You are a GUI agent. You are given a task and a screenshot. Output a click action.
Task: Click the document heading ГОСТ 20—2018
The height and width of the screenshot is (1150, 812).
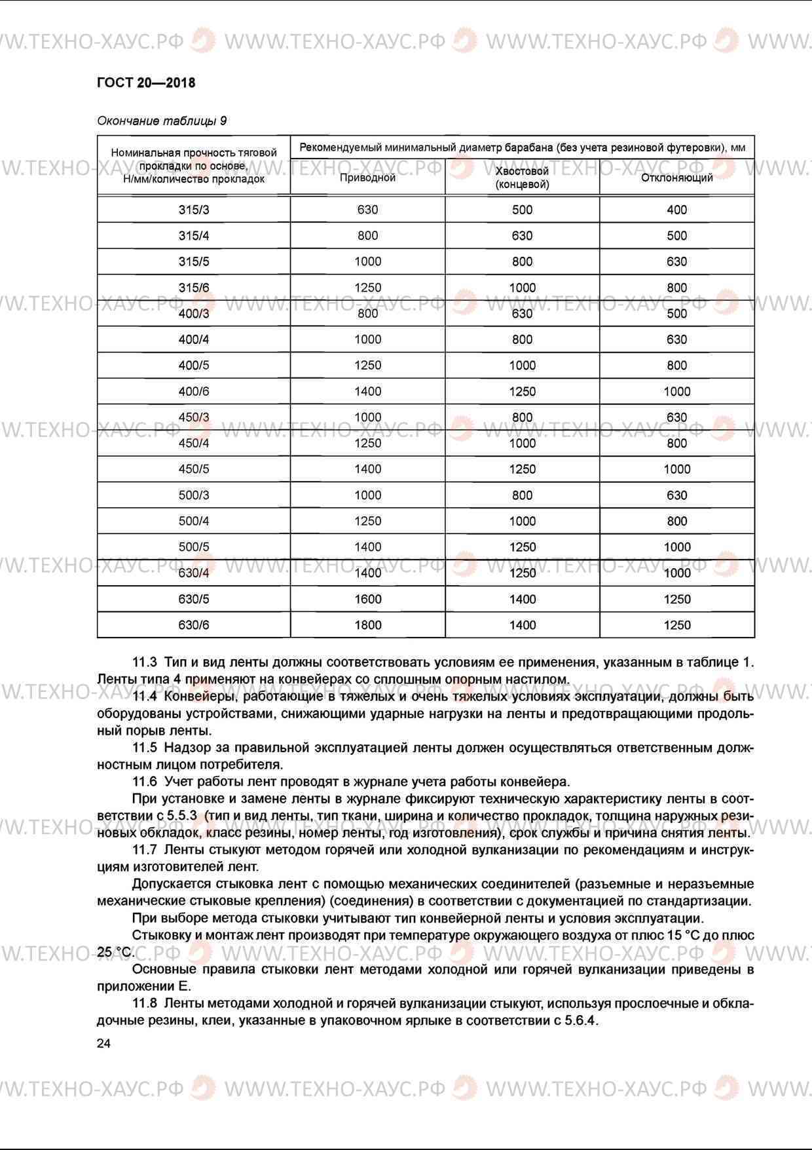(145, 83)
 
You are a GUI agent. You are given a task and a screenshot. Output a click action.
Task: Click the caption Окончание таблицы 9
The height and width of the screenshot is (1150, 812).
(162, 121)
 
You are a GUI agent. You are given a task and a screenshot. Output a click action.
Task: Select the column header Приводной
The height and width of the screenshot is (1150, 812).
(367, 178)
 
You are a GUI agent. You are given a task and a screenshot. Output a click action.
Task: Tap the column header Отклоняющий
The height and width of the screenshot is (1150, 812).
(676, 178)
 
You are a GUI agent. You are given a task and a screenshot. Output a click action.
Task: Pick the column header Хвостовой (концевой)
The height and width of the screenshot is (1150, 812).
(522, 178)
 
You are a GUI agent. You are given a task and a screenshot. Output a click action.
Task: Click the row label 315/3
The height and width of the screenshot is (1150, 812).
(194, 210)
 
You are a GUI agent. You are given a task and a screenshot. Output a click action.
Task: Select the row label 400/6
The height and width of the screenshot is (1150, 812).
(194, 391)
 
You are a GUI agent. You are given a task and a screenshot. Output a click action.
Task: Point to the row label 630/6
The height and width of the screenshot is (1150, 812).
(194, 625)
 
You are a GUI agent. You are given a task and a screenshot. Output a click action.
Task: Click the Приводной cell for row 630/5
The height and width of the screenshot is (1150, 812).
(367, 599)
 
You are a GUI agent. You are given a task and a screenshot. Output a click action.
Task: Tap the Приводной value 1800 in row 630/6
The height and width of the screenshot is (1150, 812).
(367, 625)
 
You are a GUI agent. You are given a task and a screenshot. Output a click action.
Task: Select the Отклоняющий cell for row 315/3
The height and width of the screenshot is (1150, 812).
(676, 210)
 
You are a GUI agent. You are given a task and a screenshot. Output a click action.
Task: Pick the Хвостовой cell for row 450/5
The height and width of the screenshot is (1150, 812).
(522, 469)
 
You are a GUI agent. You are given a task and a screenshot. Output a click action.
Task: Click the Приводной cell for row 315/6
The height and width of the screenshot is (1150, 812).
(367, 288)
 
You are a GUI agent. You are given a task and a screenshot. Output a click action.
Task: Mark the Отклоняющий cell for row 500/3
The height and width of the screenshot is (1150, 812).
(676, 495)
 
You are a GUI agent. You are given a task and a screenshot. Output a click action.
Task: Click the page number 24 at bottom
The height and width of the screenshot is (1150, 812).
(104, 1044)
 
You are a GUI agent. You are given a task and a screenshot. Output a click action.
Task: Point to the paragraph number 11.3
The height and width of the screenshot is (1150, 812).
(145, 662)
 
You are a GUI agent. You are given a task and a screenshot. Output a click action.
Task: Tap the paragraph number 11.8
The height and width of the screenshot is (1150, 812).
(145, 1003)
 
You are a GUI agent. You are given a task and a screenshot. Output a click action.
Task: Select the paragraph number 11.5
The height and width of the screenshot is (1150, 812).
(145, 748)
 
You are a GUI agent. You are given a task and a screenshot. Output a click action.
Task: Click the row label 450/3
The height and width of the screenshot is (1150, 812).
(194, 417)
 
